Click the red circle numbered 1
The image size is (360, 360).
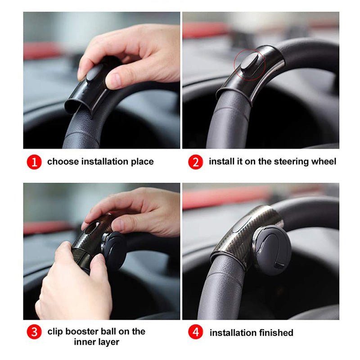tap(34, 162)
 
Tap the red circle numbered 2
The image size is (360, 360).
tap(195, 162)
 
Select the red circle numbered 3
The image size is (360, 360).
tap(34, 332)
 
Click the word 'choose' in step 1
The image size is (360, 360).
tap(63, 162)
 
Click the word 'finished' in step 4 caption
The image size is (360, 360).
tap(276, 333)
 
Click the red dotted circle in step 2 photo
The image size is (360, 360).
tap(250, 64)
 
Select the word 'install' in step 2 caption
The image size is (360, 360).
tap(221, 162)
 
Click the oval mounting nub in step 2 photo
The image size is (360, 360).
tap(249, 62)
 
